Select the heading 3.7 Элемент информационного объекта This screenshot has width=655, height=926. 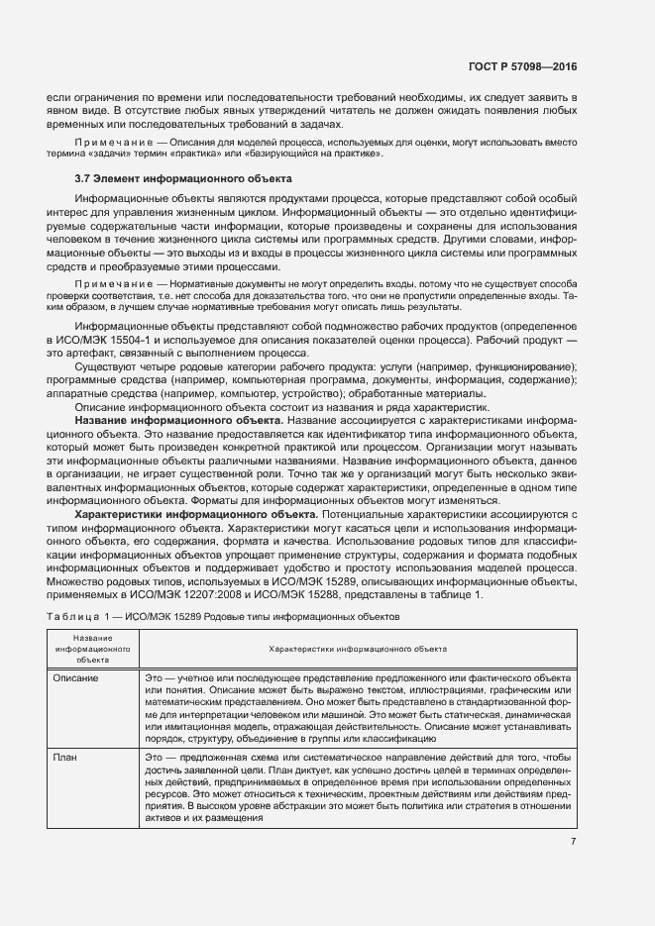(x=183, y=179)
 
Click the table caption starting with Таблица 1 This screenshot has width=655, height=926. (x=223, y=615)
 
